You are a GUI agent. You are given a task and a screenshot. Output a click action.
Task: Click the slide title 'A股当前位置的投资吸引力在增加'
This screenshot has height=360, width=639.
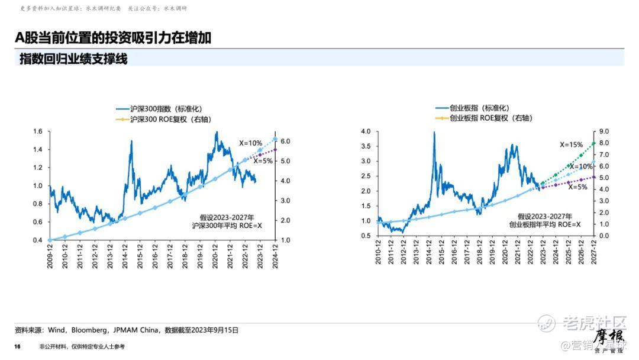point(113,38)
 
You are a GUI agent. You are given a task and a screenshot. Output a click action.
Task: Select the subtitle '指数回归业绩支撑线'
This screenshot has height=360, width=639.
point(73,59)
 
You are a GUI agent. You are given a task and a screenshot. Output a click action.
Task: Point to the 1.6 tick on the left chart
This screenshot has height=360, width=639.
point(38,131)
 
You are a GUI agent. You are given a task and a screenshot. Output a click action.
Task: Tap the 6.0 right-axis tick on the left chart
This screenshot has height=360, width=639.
point(285,142)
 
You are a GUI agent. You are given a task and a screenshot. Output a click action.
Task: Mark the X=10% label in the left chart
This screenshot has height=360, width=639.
point(250,143)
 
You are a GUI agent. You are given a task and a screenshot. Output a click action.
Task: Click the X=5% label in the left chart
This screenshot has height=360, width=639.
point(263,161)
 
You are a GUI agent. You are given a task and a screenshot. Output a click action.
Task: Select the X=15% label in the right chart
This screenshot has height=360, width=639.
point(572,144)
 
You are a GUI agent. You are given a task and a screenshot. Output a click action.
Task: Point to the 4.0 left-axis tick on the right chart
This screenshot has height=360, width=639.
point(365,131)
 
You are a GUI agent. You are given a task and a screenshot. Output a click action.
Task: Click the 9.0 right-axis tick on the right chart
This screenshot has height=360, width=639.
point(605,131)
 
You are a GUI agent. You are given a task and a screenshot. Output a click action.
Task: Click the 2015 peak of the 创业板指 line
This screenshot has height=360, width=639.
point(434,133)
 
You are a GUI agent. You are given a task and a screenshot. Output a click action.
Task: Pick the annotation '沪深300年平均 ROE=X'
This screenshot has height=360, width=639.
point(227,226)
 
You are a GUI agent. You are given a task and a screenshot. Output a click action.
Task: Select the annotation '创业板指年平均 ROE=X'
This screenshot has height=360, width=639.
point(545,225)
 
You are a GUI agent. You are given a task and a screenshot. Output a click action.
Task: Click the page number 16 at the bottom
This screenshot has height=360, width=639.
point(18,346)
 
